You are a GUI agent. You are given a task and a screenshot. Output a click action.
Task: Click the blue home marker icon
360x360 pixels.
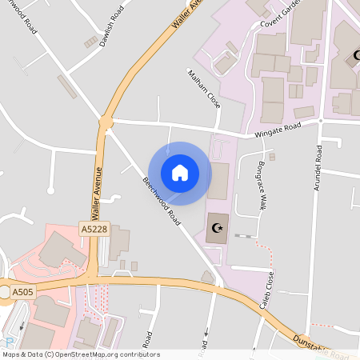coord(180,173)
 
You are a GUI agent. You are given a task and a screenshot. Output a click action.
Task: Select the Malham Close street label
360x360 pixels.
coord(203,89)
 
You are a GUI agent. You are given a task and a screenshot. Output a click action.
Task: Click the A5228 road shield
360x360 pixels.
coord(93,229)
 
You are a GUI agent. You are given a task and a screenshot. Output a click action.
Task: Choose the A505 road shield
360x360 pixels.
coord(22,294)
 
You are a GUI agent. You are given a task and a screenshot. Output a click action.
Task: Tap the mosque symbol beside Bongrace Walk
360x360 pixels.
coord(214,229)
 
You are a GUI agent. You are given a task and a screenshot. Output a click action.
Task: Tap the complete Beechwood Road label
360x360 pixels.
coord(162,201)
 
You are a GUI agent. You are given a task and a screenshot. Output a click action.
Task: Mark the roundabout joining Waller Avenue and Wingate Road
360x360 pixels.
coord(106,122)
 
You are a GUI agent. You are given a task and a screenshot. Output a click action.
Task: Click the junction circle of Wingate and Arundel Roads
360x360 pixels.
coord(319,121)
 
